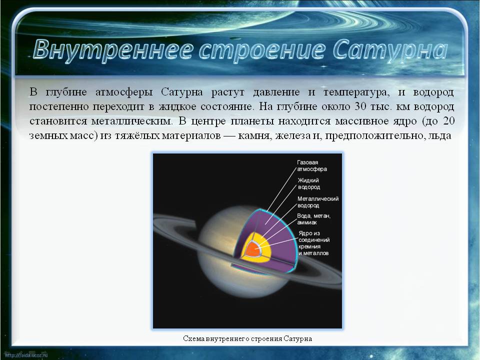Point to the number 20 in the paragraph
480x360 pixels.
448,121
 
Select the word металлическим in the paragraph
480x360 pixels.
132,121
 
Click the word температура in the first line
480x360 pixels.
356,92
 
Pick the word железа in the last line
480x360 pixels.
292,135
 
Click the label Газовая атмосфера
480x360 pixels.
312,165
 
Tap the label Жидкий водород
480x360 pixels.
309,183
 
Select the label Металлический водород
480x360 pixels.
318,202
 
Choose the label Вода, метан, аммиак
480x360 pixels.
314,219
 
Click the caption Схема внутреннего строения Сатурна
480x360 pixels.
247,338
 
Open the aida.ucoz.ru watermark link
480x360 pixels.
26,355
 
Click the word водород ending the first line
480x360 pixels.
433,92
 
